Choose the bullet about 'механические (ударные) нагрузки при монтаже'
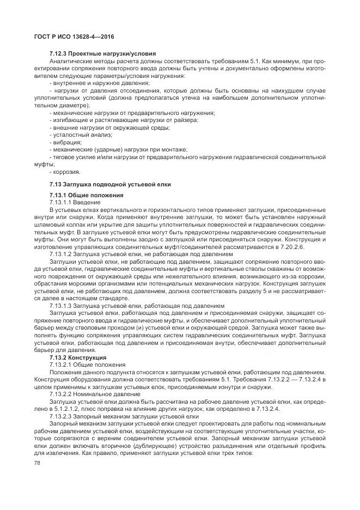(x=118, y=149)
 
